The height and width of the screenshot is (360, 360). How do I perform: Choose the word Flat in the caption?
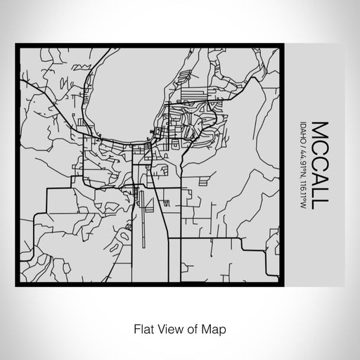pos(141,328)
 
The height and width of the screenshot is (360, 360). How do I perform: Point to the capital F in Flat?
pos(135,328)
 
